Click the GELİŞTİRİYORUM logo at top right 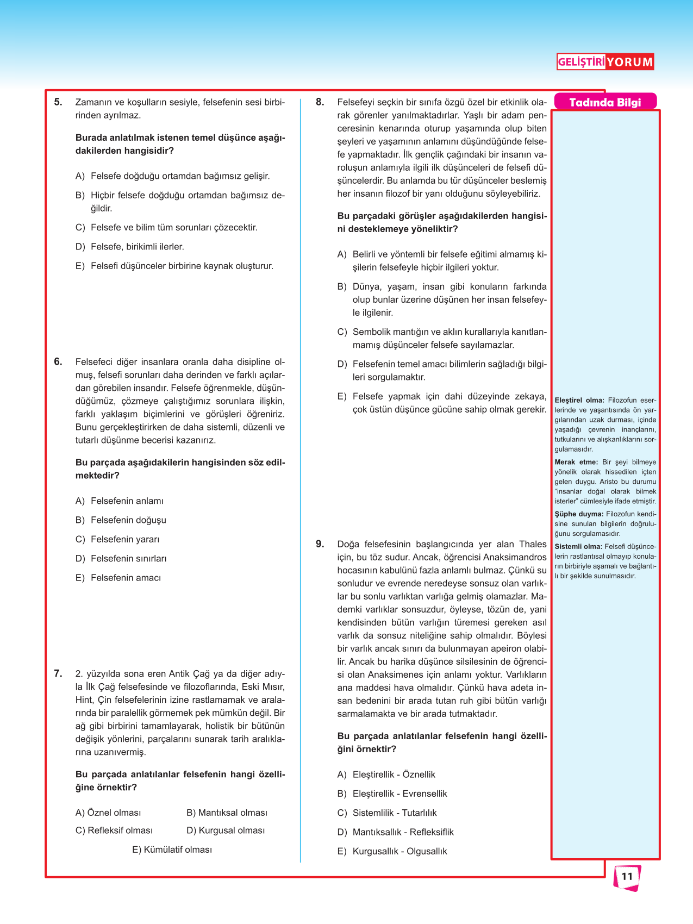point(605,62)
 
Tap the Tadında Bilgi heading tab point(605,102)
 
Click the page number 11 point(627,876)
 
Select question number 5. point(58,102)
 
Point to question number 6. point(58,361)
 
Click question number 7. point(58,673)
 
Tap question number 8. point(320,102)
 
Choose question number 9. point(320,544)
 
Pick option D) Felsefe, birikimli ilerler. point(130,247)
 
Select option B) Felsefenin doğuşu point(121,520)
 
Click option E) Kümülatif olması point(172,850)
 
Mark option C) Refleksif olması point(114,831)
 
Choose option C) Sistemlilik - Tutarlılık point(387,813)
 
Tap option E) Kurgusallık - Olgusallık point(392,851)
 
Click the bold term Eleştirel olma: point(579,401)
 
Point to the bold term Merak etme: point(576,463)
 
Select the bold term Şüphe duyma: point(579,514)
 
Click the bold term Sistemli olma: point(578,547)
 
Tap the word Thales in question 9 point(533,544)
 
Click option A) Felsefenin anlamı point(120,501)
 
